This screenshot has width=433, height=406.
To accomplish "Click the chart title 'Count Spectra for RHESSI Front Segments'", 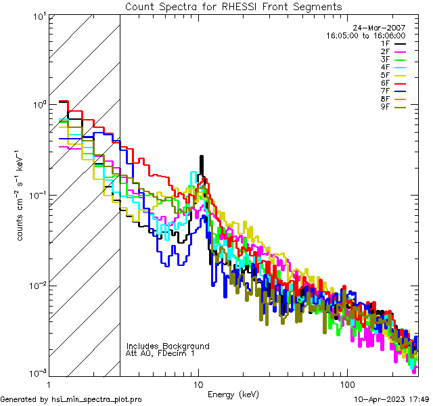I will (x=233, y=6).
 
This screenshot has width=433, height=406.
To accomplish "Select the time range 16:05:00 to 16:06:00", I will (x=365, y=35).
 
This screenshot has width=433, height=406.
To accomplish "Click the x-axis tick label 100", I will (x=346, y=384).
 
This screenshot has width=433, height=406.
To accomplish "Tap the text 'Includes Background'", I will (x=167, y=346).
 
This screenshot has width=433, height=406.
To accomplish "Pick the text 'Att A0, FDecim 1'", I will (x=161, y=353).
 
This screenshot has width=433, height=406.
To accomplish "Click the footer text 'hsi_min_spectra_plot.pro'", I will (x=97, y=399).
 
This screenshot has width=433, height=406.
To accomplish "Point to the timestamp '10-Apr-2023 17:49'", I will (x=392, y=399).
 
